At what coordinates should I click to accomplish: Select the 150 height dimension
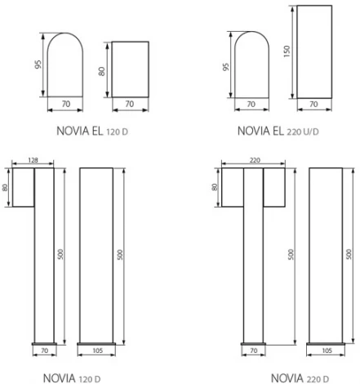click(x=287, y=51)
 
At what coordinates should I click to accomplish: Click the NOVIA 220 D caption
click(x=299, y=377)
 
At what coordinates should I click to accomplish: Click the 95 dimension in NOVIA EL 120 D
click(x=38, y=64)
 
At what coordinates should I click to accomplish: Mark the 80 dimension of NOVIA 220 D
click(x=215, y=187)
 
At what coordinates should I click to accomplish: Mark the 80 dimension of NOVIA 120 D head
click(x=6, y=187)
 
